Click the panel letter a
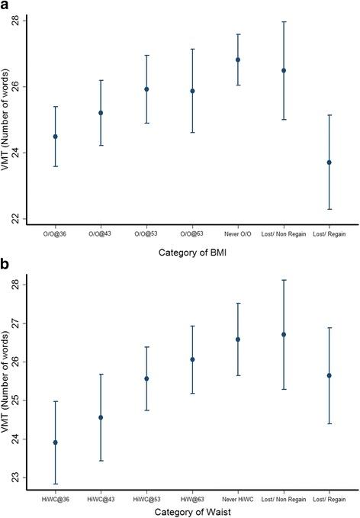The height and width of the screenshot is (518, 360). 6,7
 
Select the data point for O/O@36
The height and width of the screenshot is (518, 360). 55,137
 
